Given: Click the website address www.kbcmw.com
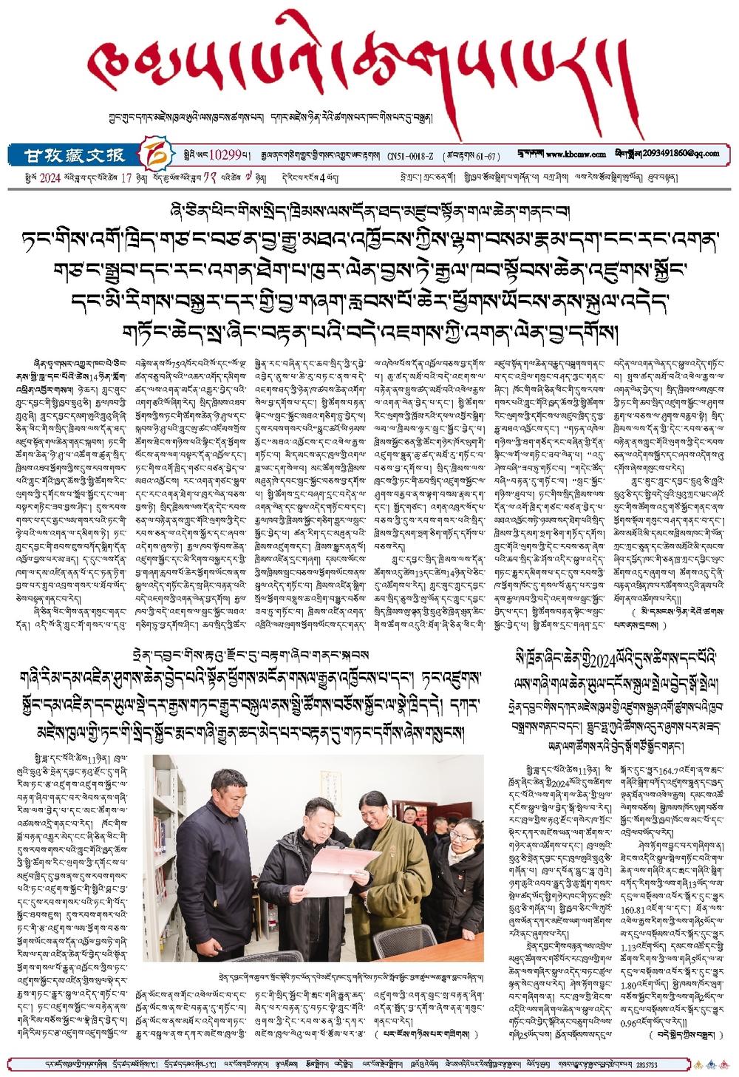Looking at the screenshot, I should [x=576, y=154].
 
